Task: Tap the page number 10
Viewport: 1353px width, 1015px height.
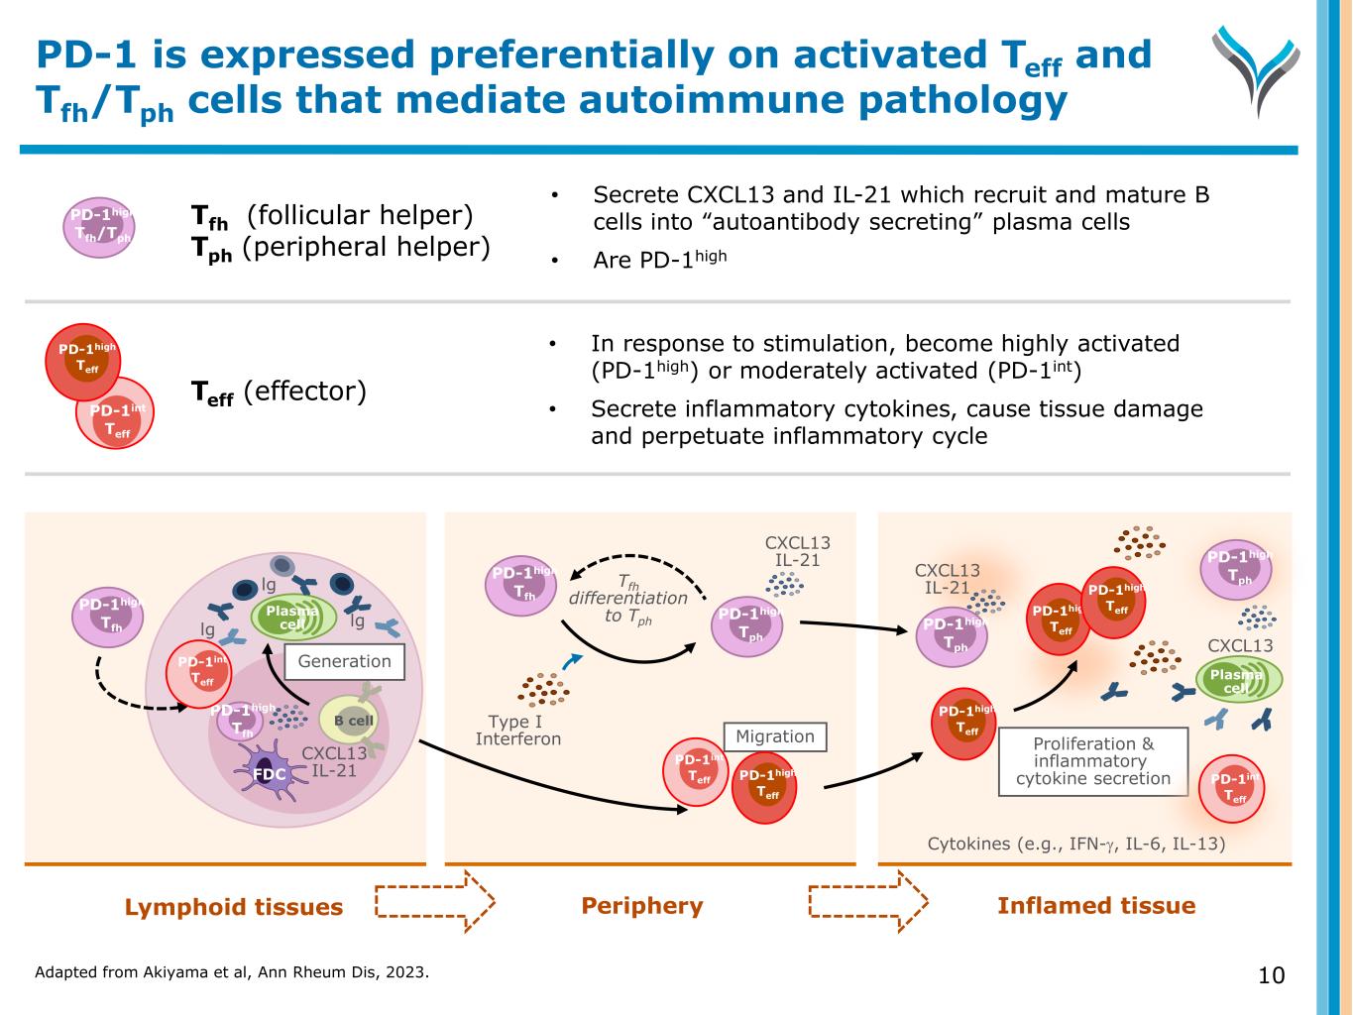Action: pos(1271,975)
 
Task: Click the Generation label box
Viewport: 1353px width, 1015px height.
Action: pos(345,662)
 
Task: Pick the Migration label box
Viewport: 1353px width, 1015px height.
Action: pos(775,736)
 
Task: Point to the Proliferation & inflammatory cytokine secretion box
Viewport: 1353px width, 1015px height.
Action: pos(1093,761)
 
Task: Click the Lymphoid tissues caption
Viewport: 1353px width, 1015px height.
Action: pos(234,907)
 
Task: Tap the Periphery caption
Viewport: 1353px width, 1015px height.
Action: pos(642,906)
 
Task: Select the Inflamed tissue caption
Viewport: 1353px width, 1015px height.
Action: pos(1096,906)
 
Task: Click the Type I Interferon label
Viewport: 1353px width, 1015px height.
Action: pos(517,731)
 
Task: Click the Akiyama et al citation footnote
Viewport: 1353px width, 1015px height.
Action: pos(232,972)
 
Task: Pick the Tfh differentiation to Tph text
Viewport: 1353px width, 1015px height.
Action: pos(627,599)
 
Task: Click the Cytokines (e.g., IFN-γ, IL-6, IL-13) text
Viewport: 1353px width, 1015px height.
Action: pos(1075,845)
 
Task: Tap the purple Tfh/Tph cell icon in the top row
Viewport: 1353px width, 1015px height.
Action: pos(101,226)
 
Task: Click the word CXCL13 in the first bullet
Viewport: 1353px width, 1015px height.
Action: pos(715,195)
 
